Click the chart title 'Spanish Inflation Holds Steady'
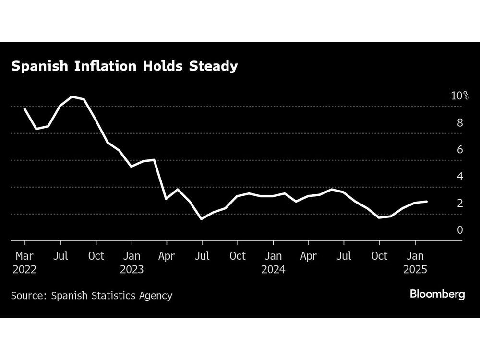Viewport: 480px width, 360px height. (x=124, y=66)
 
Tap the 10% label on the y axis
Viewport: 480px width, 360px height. (x=460, y=96)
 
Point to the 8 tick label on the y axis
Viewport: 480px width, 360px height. (x=460, y=122)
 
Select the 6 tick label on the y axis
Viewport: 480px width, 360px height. (x=460, y=149)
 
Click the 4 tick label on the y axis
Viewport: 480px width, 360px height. (x=460, y=176)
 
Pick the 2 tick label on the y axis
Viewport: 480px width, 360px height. (x=460, y=203)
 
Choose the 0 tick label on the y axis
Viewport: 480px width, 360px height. (x=460, y=230)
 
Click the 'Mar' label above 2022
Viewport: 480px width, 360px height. (x=24, y=256)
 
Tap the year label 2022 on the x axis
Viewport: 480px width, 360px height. (x=24, y=269)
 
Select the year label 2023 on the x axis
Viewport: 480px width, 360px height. (x=132, y=269)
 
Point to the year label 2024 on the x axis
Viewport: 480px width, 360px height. (x=273, y=269)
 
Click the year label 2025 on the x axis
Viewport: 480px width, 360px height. (x=415, y=269)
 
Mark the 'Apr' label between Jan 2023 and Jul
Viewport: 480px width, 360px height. (x=167, y=256)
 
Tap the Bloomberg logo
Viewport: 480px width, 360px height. (x=437, y=294)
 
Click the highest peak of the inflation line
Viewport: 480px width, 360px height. (x=72, y=96)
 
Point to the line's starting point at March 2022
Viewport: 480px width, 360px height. (x=24, y=108)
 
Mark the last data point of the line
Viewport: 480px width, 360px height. (x=427, y=202)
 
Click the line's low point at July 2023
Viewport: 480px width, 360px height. (x=202, y=219)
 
